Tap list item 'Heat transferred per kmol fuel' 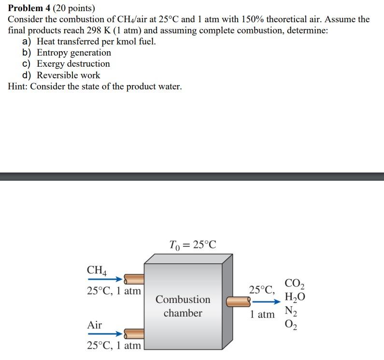[x=96, y=42]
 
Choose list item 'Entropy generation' [x=74, y=53]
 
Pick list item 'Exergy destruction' [x=73, y=64]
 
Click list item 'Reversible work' [x=69, y=75]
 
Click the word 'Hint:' [x=18, y=86]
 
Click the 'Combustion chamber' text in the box [x=183, y=306]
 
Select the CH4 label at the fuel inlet [x=98, y=270]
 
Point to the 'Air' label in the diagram [x=95, y=325]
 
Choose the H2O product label [x=295, y=297]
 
